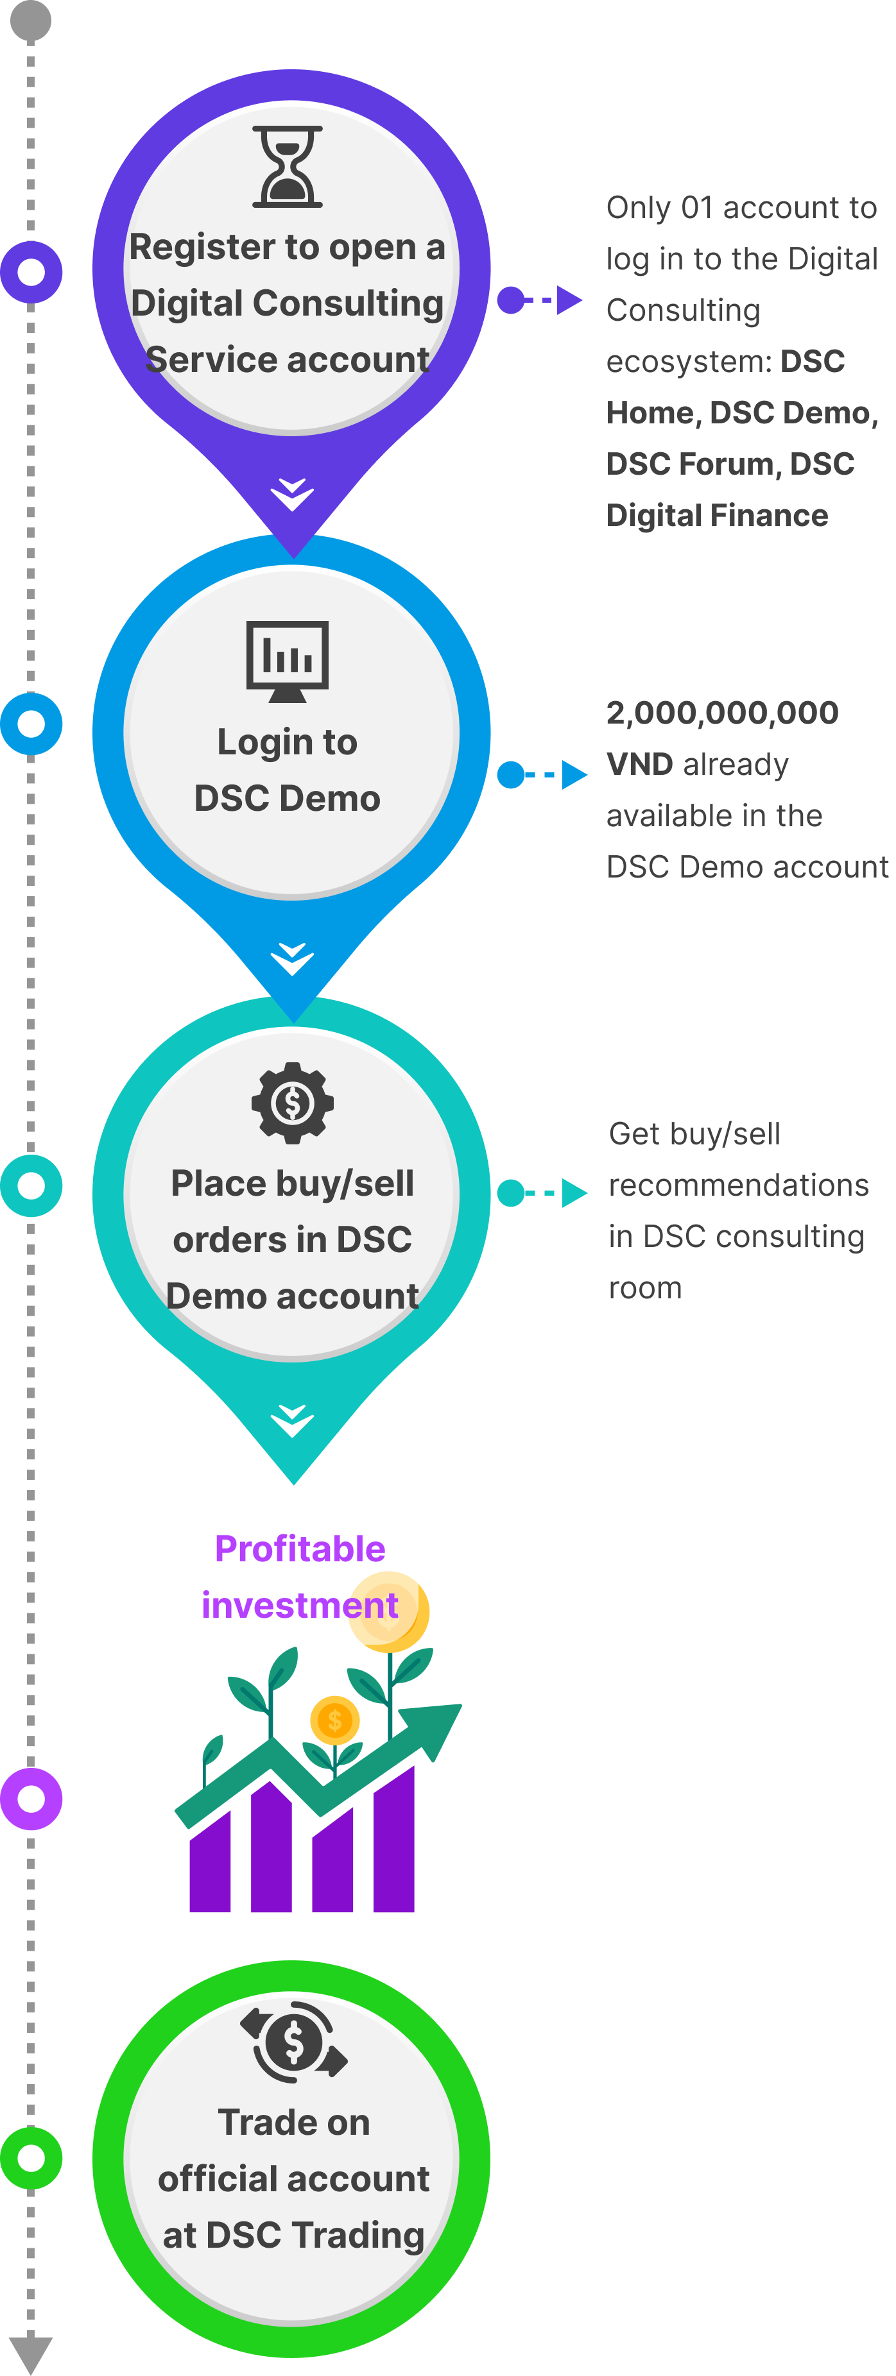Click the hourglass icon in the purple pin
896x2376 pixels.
[288, 166]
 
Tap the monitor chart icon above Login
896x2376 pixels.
[288, 661]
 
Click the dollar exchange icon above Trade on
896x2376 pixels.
[293, 2042]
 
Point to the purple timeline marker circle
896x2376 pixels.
[31, 272]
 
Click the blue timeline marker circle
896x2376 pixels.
[31, 723]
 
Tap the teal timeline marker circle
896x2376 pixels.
[31, 1185]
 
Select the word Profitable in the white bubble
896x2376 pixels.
[300, 1549]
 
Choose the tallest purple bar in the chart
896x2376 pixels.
[394, 1840]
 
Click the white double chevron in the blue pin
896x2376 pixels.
[293, 959]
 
